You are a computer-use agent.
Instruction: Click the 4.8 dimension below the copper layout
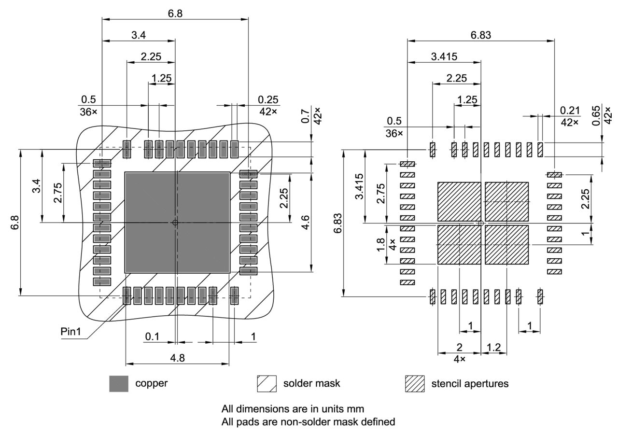(177, 358)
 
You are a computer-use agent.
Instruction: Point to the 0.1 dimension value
(152, 336)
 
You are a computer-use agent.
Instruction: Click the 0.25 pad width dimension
(268, 99)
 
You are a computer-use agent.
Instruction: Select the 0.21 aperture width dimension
(570, 111)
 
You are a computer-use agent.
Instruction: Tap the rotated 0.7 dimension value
(305, 116)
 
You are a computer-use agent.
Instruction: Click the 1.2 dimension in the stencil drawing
(493, 347)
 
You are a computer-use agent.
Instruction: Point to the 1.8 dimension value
(380, 241)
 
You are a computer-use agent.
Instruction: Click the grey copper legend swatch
(119, 384)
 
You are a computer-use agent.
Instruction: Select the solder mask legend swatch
(267, 384)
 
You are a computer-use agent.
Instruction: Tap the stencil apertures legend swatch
(415, 384)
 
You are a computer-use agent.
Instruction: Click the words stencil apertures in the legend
(470, 384)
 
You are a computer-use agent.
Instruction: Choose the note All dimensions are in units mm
(293, 409)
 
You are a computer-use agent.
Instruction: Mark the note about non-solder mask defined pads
(308, 422)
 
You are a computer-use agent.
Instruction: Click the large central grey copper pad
(177, 222)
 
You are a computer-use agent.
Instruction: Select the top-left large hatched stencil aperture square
(459, 201)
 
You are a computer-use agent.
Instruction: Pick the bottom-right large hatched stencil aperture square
(506, 245)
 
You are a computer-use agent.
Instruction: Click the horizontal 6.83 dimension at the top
(481, 35)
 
